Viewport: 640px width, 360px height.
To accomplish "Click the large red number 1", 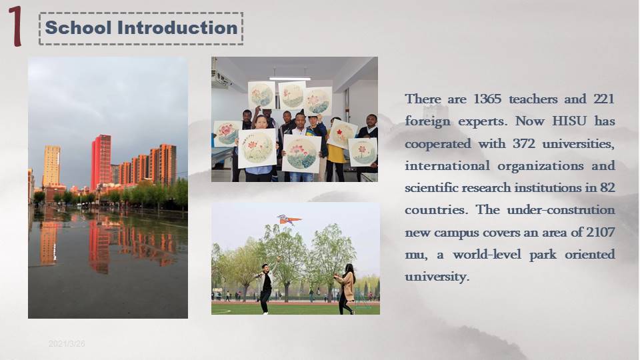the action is pos(15,26).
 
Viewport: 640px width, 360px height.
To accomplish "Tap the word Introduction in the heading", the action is pos(177,28).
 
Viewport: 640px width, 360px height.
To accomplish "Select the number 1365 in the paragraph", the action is pos(487,99).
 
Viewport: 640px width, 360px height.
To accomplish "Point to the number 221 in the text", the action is pos(604,99).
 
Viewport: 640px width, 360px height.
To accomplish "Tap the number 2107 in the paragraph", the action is pos(601,232).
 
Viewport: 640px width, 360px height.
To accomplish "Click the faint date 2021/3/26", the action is pos(67,344).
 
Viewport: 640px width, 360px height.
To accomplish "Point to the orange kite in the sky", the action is pos(289,220).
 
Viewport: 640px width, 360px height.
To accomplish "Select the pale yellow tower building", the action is pos(51,165).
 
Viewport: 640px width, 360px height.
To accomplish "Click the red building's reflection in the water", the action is pos(99,244).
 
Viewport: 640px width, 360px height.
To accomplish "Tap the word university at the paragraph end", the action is pos(437,276).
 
